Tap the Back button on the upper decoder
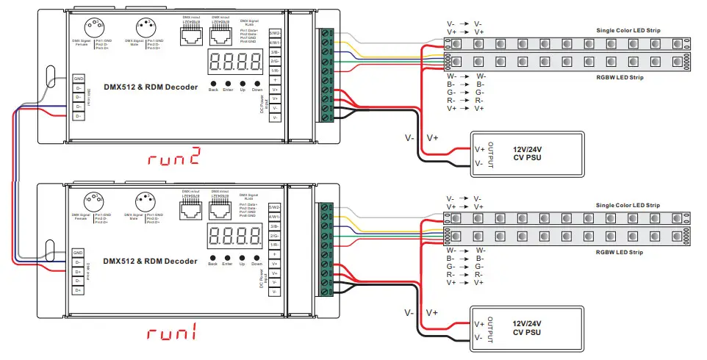click(x=213, y=84)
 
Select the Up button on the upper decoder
click(x=242, y=84)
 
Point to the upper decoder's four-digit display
click(x=234, y=62)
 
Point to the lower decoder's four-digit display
click(x=234, y=236)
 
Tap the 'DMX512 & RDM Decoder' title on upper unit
click(x=150, y=87)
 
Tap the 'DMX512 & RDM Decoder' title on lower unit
click(x=150, y=261)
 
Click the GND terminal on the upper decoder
click(x=79, y=78)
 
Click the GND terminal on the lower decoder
click(x=79, y=252)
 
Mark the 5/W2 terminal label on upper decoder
click(x=275, y=34)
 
